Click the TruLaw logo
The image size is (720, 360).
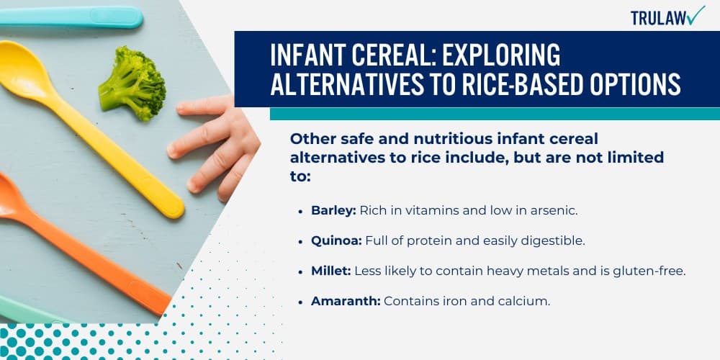(667, 17)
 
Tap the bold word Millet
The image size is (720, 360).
(329, 271)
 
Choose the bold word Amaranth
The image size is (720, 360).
(345, 301)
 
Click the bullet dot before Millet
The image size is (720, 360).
(300, 271)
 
